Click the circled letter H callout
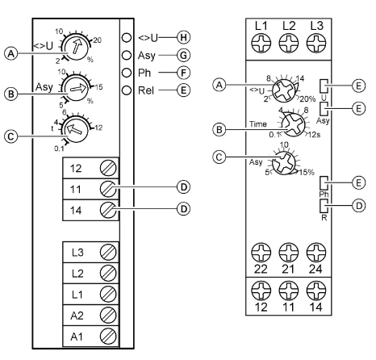(x=183, y=37)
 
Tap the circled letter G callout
(x=183, y=55)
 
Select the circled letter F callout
(x=183, y=73)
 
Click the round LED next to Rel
(x=127, y=90)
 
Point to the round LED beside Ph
(x=127, y=73)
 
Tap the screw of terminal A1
(x=108, y=337)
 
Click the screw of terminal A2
(x=108, y=316)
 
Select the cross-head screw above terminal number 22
(x=261, y=253)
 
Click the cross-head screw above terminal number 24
(x=316, y=253)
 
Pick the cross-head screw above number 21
(x=289, y=253)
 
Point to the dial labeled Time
(x=293, y=125)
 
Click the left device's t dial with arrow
(x=75, y=129)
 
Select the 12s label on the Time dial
(x=314, y=135)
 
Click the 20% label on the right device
(x=307, y=99)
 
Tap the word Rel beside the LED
(x=146, y=90)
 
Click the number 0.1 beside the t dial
(x=59, y=149)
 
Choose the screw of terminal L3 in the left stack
(x=108, y=253)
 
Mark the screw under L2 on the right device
(x=289, y=43)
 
